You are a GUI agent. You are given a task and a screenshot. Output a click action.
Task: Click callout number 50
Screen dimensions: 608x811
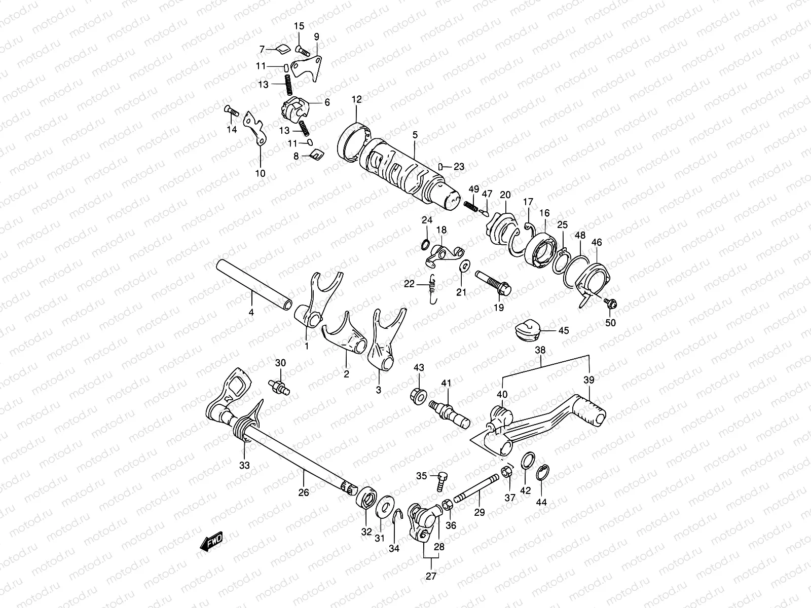[610, 323]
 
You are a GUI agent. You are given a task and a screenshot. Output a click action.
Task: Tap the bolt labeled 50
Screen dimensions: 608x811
[610, 303]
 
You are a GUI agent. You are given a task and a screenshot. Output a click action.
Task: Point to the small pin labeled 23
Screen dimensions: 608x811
[441, 166]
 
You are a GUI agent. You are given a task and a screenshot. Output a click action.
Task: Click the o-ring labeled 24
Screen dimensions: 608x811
[426, 246]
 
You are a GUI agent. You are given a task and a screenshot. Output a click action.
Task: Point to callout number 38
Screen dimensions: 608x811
[540, 350]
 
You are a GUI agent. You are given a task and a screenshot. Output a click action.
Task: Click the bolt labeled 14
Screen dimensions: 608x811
[232, 110]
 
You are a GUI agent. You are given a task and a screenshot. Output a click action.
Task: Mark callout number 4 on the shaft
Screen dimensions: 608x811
[251, 313]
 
